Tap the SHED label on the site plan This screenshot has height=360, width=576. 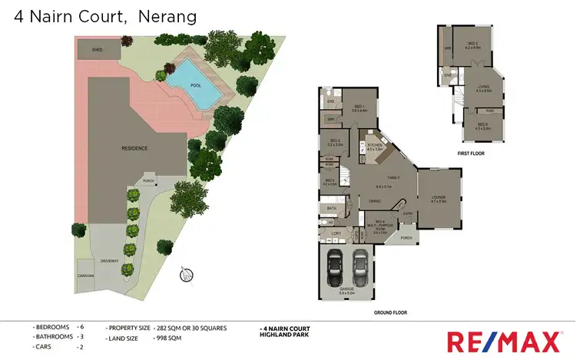pos(97,48)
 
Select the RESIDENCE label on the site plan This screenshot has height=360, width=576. pos(134,146)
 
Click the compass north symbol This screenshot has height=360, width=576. pos(184,275)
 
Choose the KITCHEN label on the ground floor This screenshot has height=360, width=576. pos(374,146)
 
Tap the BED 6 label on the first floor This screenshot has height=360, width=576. pos(482,126)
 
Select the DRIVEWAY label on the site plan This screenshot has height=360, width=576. pos(109,261)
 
